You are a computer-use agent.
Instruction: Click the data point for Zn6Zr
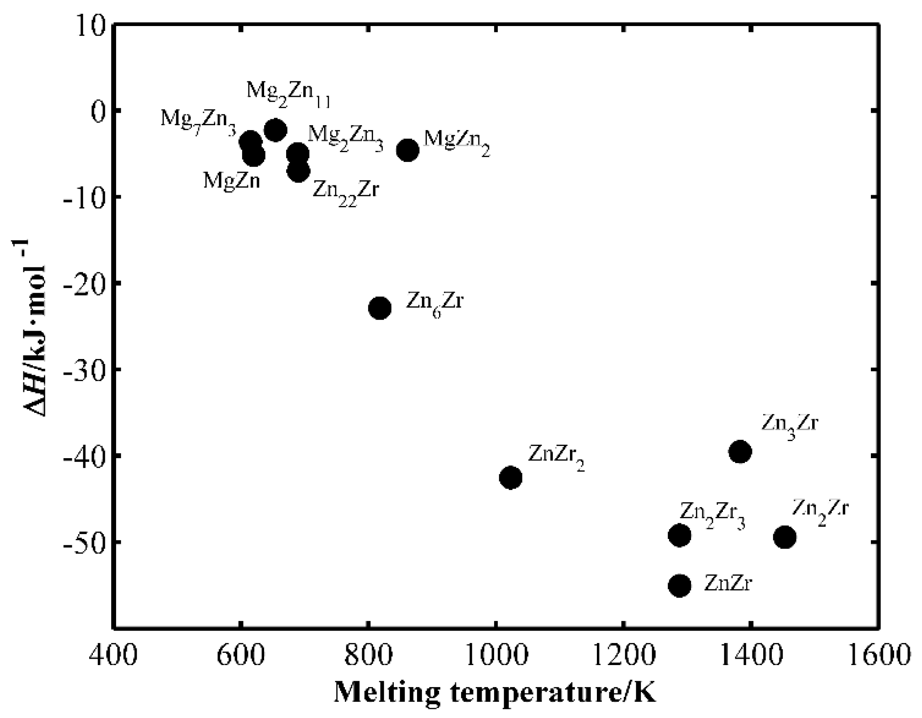tap(379, 308)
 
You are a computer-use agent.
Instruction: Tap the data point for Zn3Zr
tap(740, 451)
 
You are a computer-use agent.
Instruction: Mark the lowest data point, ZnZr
tap(680, 586)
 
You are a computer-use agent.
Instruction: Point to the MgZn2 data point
tap(408, 150)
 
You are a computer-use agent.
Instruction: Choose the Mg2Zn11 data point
tap(275, 130)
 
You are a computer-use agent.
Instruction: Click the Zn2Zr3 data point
tap(679, 535)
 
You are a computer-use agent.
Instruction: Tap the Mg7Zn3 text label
tap(198, 120)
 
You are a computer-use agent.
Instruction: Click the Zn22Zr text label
tap(346, 191)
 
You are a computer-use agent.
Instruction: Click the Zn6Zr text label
tap(434, 303)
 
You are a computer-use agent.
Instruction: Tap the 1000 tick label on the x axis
tap(495, 656)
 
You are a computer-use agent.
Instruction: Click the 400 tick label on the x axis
tap(114, 656)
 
